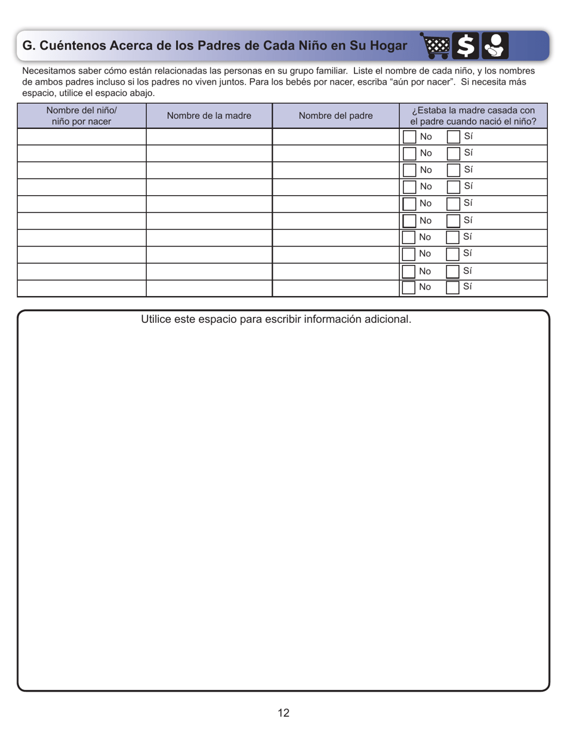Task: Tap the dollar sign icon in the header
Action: coord(467,45)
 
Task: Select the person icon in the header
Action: coord(495,45)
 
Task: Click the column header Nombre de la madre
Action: coord(209,115)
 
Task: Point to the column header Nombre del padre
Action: coord(335,115)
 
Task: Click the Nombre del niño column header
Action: coord(82,115)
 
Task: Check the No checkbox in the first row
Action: coord(409,137)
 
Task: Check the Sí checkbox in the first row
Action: coord(454,137)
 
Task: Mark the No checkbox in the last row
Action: coord(409,288)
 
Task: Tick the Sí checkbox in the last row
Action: coord(454,288)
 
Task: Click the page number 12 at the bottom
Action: coord(283,713)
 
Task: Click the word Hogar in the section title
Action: coord(381,45)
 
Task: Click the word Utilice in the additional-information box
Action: coord(157,319)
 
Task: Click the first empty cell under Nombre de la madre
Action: coord(209,137)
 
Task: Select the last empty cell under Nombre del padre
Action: coord(335,288)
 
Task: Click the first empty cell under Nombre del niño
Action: coord(82,137)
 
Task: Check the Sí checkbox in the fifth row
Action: coord(454,203)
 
